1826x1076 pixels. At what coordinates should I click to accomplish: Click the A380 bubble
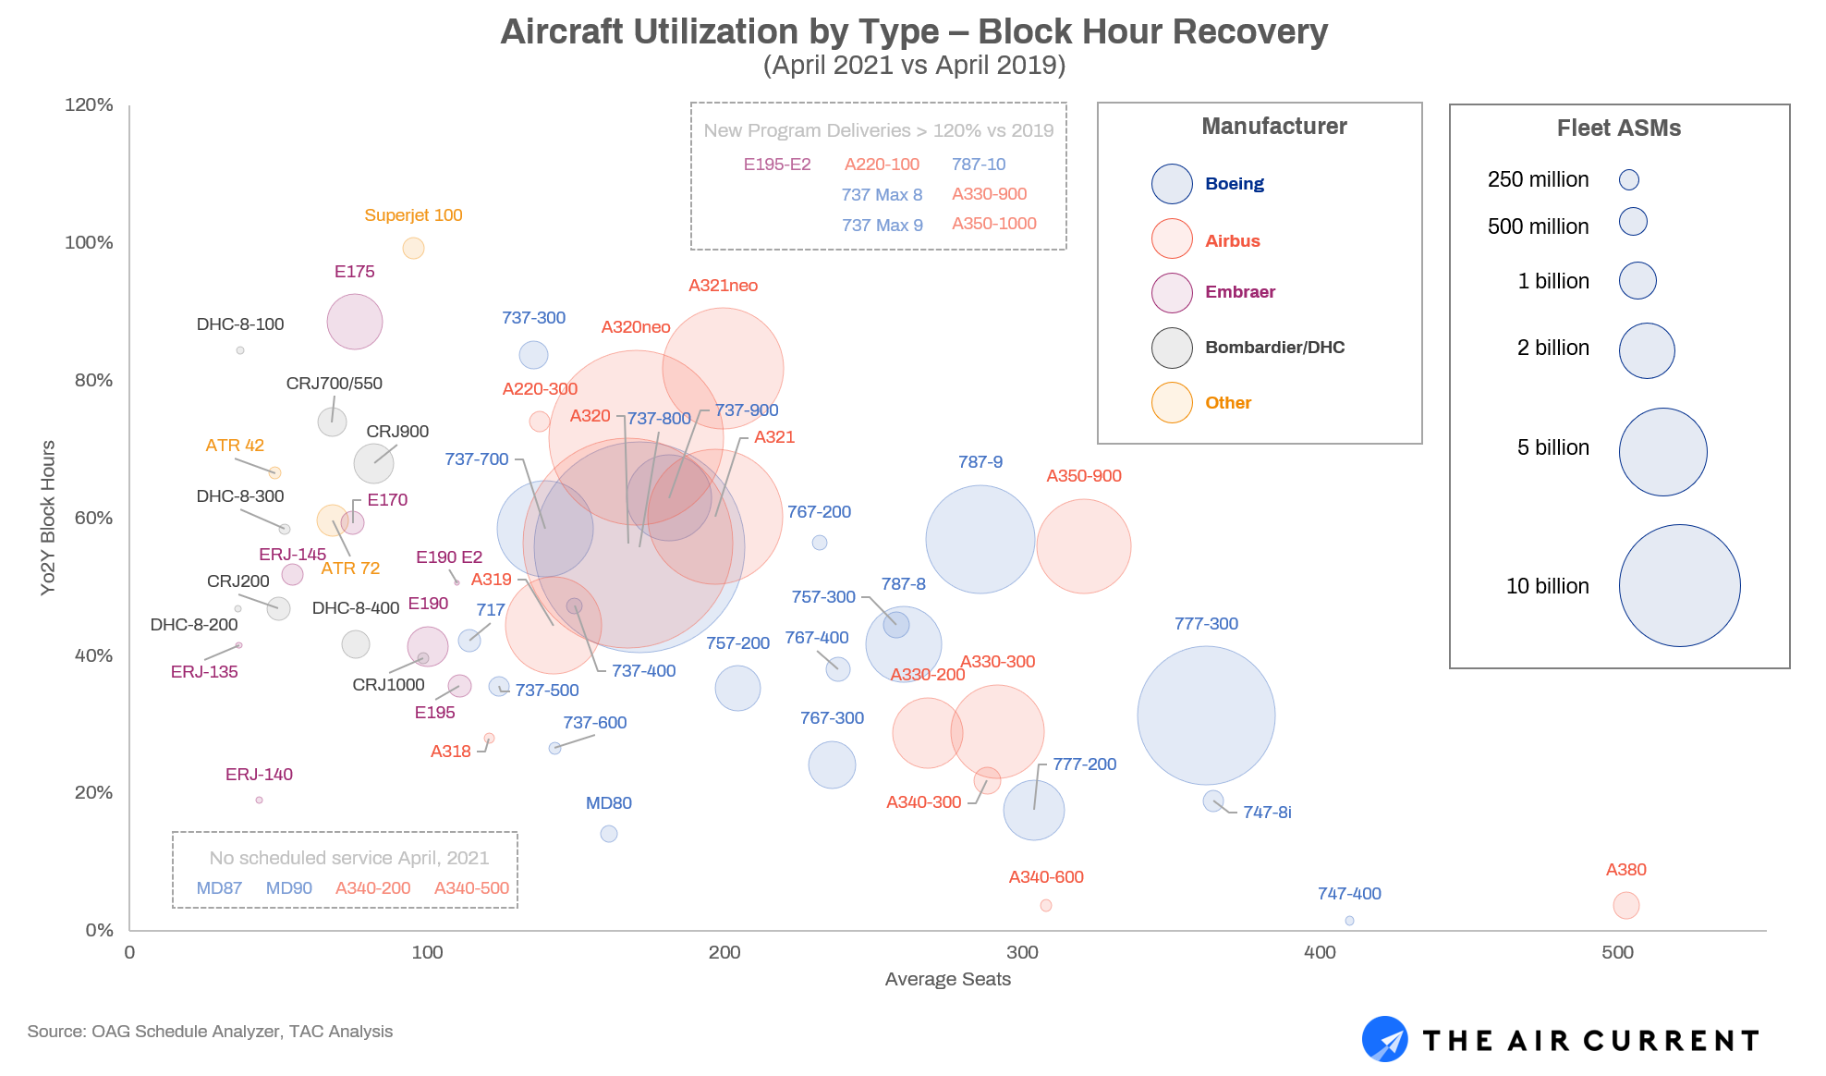1625,905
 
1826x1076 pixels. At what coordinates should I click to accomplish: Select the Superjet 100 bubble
413,248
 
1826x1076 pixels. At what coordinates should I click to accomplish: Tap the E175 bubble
354,322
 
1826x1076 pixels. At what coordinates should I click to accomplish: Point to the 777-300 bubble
1206,715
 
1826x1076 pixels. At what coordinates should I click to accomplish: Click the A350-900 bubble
1083,546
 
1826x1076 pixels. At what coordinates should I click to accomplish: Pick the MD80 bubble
608,834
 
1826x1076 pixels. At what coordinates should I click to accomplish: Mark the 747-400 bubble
1349,921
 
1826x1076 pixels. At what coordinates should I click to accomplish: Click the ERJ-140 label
259,775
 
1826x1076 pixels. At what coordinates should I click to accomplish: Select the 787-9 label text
980,462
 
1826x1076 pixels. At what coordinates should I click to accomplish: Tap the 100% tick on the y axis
89,242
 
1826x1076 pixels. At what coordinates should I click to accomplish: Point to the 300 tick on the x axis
1022,953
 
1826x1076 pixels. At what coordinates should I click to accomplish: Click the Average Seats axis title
947,979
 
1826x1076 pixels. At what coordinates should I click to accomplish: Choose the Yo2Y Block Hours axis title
48,518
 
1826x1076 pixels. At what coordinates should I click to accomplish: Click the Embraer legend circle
1171,293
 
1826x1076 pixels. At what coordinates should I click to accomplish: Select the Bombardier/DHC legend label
1274,348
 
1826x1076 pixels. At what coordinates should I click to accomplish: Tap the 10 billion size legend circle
1679,585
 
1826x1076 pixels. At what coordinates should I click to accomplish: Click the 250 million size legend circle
1628,180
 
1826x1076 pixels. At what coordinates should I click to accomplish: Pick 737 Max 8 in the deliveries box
881,195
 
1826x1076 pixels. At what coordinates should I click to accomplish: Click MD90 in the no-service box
288,888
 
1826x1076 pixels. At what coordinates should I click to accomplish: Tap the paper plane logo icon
1384,1040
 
